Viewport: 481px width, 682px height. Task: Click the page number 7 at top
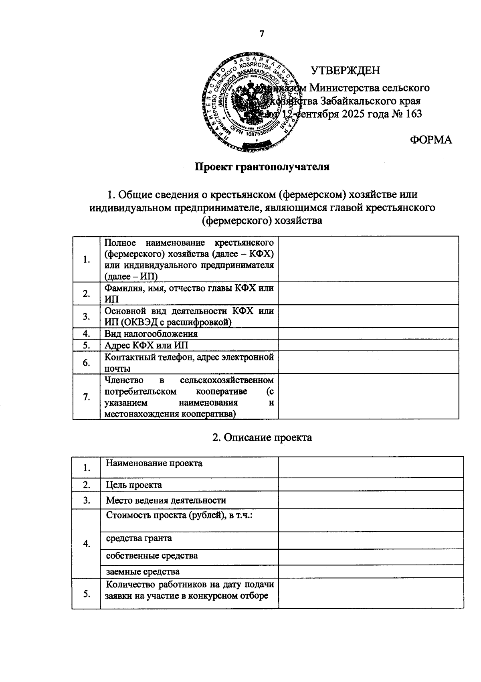click(262, 34)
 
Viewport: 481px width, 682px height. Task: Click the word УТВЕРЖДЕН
click(346, 71)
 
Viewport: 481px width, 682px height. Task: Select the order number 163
click(414, 114)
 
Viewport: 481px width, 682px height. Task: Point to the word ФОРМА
click(431, 140)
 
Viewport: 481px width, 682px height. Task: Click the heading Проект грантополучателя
click(262, 167)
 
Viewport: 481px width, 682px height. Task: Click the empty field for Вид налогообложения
click(368, 334)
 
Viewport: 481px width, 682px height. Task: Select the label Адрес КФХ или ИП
click(146, 346)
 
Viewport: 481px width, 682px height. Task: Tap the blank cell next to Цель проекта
click(370, 485)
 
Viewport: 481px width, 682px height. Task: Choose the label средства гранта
click(139, 538)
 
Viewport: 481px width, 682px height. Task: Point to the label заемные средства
click(143, 571)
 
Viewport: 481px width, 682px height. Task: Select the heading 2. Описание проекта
click(262, 437)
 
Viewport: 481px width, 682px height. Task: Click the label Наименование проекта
click(154, 463)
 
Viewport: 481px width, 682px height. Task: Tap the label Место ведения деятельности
click(166, 500)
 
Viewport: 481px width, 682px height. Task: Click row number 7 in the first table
click(86, 397)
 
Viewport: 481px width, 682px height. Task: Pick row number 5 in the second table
click(86, 594)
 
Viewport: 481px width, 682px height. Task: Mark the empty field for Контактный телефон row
click(368, 362)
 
